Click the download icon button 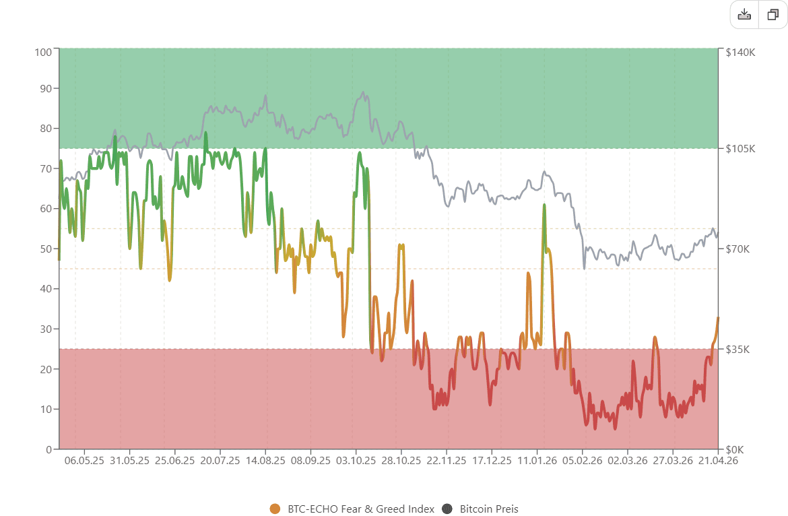click(x=744, y=15)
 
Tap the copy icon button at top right click(x=773, y=15)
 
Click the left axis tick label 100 click(x=43, y=52)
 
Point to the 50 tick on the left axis click(x=46, y=249)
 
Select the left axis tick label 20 click(x=46, y=369)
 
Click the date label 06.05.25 click(x=84, y=461)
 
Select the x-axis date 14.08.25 click(x=265, y=461)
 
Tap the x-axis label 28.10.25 click(x=401, y=461)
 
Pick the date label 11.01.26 click(x=537, y=461)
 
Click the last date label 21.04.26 click(x=718, y=461)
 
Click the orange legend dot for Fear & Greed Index click(x=274, y=509)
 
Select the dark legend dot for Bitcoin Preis click(x=448, y=509)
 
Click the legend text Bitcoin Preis click(x=489, y=509)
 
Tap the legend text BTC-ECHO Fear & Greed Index click(x=360, y=509)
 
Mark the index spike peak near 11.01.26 click(x=544, y=205)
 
